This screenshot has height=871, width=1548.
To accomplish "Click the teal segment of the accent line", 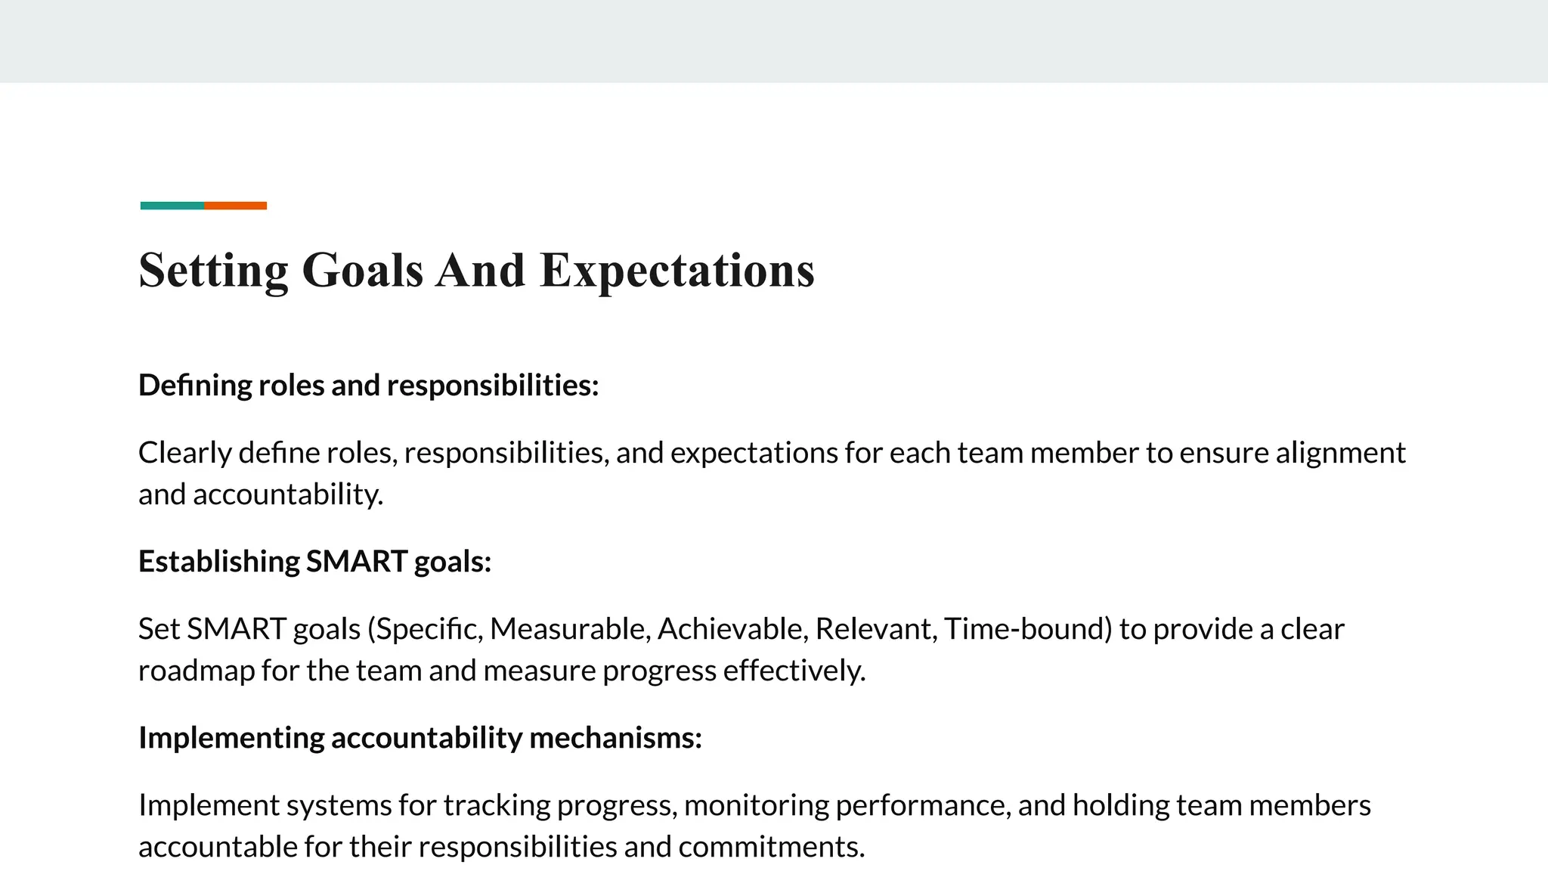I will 172,206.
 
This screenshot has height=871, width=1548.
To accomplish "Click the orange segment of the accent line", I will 235,206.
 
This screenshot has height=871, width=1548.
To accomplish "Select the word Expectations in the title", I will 677,271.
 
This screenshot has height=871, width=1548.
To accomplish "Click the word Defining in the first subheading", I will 195,386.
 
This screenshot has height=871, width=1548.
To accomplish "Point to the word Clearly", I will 185,453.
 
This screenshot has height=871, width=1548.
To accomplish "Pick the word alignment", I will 1341,453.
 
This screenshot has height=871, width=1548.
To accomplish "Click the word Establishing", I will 219,562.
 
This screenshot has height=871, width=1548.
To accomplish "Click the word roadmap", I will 197,671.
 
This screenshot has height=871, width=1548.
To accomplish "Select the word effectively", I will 794,671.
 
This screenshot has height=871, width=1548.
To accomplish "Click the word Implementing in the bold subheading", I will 231,738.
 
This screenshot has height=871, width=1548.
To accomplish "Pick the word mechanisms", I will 615,738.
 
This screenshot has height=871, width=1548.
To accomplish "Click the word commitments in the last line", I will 771,847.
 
